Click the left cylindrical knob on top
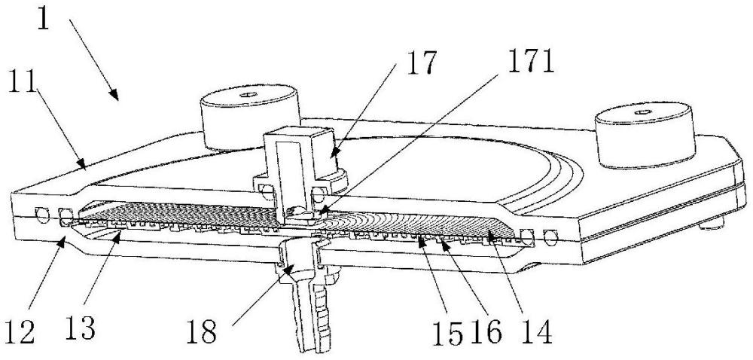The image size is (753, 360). coord(247,117)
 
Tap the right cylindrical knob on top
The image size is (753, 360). coord(645,134)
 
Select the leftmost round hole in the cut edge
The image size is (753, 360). coord(42,215)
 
